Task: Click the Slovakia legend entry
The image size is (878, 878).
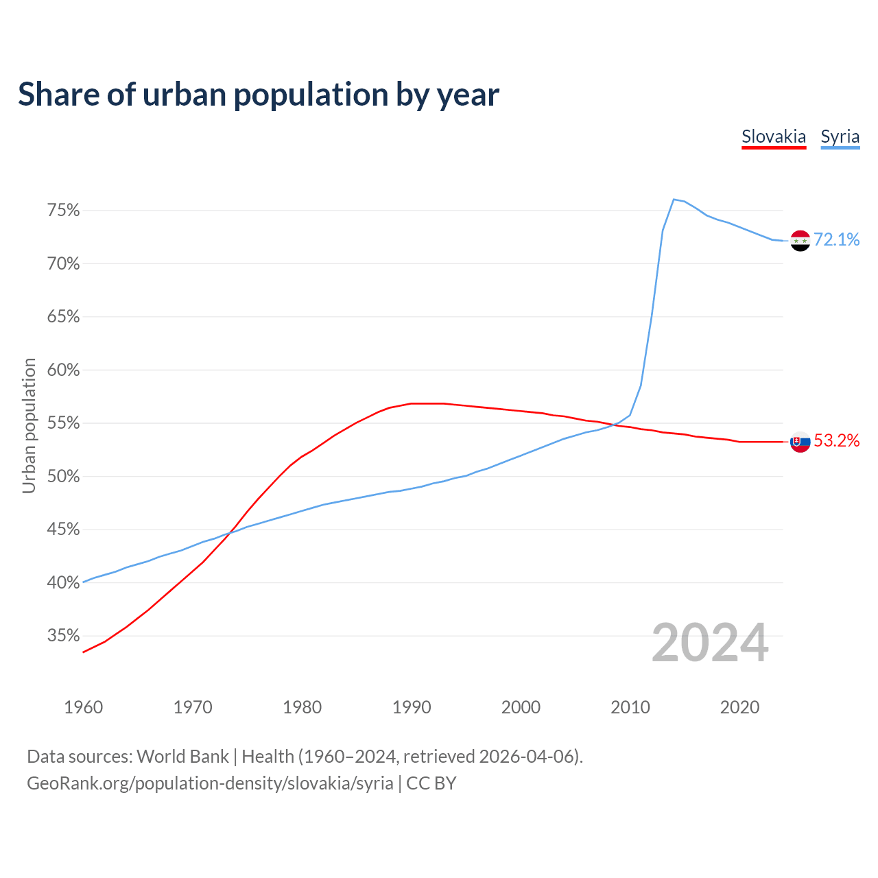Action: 774,137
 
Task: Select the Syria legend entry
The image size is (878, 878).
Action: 840,137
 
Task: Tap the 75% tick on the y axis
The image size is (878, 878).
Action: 64,211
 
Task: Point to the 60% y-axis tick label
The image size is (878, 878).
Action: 64,370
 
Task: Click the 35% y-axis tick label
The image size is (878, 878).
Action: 64,636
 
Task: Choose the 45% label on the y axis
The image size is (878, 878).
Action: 64,530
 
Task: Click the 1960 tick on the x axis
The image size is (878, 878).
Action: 84,707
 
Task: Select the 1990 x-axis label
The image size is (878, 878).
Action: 412,707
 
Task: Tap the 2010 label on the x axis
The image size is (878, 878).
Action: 630,707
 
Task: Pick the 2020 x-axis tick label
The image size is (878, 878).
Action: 739,707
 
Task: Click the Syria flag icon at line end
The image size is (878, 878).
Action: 800,241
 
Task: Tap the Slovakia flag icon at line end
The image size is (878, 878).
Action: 800,442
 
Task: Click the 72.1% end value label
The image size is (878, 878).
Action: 837,239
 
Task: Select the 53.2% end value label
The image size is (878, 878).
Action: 837,441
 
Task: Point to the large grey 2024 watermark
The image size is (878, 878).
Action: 710,643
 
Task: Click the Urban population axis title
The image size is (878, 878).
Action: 29,425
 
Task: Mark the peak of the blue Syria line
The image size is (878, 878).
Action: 674,200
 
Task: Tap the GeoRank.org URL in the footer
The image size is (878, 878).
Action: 210,783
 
